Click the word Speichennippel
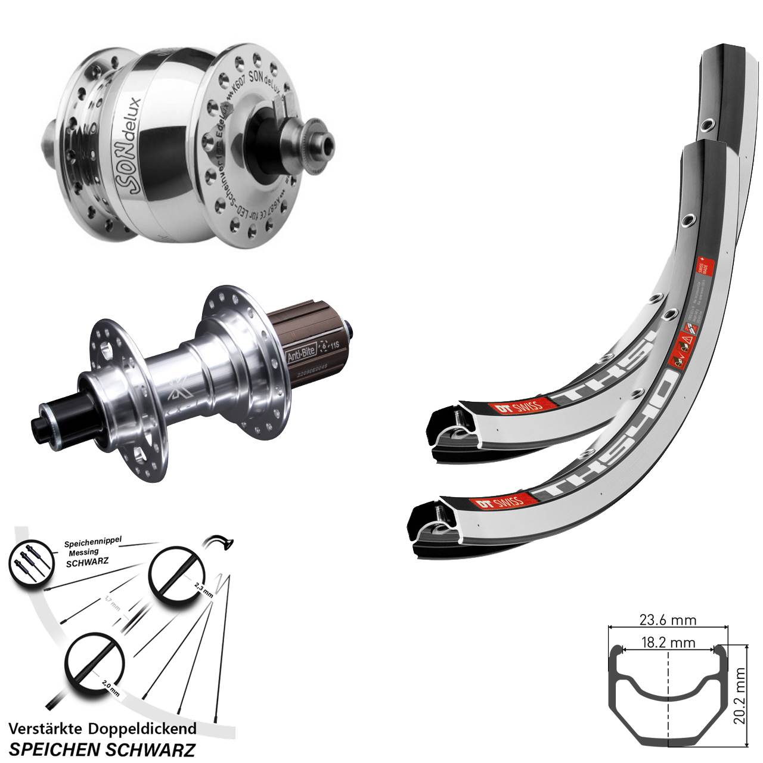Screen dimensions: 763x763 pyautogui.click(x=92, y=543)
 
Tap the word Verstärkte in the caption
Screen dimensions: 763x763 pyautogui.click(x=47, y=728)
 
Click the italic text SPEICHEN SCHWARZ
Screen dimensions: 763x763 pyautogui.click(x=104, y=748)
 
